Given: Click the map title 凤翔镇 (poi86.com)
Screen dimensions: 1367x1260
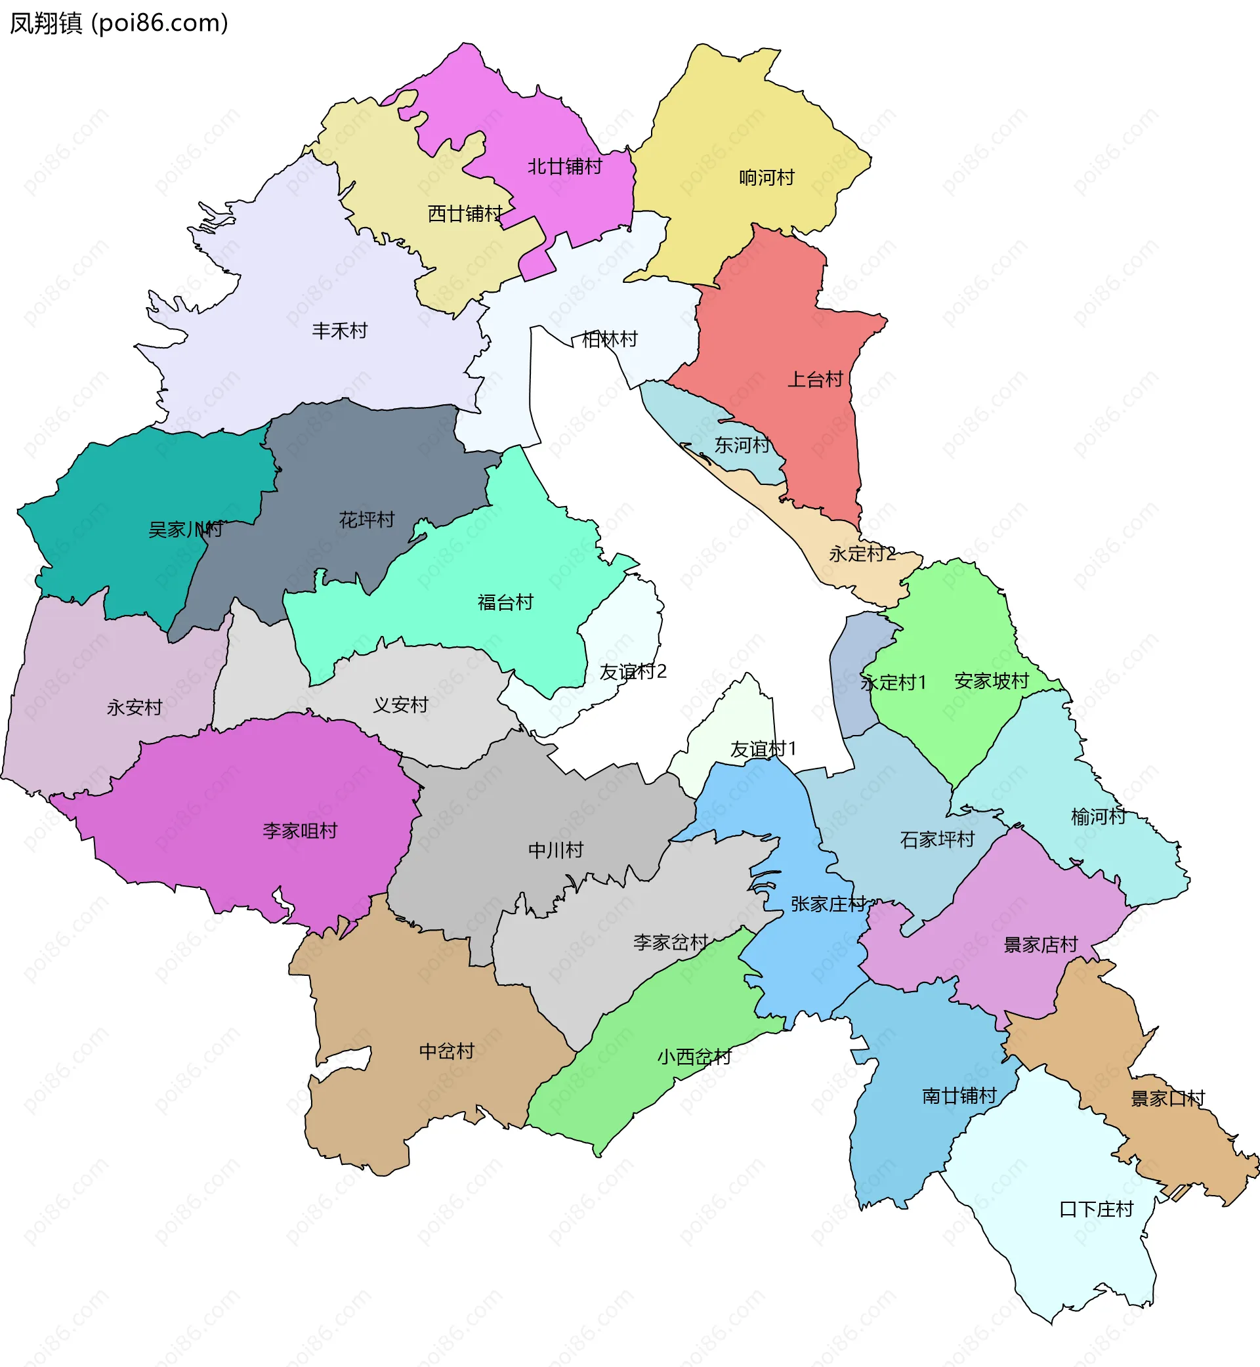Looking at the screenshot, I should [x=119, y=23].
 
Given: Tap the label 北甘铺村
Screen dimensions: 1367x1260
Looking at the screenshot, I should [x=564, y=166].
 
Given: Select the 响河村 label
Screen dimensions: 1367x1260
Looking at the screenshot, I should [x=767, y=178].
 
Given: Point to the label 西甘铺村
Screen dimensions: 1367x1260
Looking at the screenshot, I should [x=465, y=214].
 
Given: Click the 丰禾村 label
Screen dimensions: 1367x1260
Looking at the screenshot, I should [x=339, y=331].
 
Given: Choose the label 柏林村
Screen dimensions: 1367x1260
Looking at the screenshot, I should [x=610, y=339].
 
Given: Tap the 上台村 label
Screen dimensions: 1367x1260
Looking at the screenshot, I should [x=816, y=380].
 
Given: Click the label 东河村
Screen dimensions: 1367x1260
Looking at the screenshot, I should [x=742, y=446].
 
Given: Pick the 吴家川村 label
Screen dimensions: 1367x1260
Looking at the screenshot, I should [x=186, y=530].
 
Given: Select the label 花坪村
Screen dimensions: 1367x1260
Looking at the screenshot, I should [x=367, y=520].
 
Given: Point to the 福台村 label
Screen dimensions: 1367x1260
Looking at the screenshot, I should [x=505, y=602].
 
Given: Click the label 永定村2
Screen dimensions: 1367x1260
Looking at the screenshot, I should [x=862, y=555].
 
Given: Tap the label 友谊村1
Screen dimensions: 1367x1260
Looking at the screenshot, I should [x=763, y=749].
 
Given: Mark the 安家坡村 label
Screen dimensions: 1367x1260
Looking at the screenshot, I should [x=992, y=681].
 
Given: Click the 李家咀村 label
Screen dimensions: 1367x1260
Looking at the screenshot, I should [x=300, y=831].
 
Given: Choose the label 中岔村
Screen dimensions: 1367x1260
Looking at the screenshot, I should [x=447, y=1051].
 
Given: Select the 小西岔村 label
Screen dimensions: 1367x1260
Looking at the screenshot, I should [x=694, y=1057].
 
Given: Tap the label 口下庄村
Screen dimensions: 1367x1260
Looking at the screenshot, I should [x=1097, y=1209].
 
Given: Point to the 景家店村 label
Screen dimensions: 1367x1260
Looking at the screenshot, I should [x=1040, y=945].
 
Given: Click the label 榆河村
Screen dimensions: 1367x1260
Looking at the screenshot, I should [x=1098, y=817].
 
